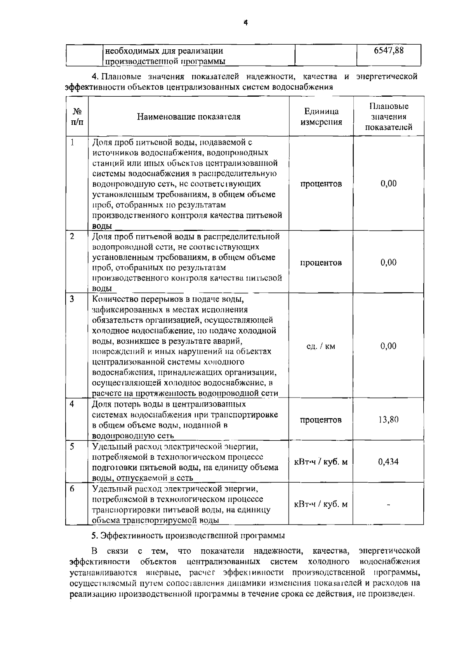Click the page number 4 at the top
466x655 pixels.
pyautogui.click(x=245, y=23)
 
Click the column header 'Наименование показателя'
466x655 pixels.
pyautogui.click(x=189, y=117)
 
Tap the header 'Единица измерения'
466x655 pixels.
pyautogui.click(x=321, y=117)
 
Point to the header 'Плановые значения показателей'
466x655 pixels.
pyautogui.click(x=389, y=116)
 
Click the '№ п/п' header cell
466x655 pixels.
pyautogui.click(x=77, y=116)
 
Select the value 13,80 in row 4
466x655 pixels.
pyautogui.click(x=388, y=420)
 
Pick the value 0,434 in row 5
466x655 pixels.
pyautogui.click(x=388, y=462)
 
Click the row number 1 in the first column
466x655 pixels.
pyautogui.click(x=72, y=142)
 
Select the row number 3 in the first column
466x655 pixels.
pyautogui.click(x=72, y=299)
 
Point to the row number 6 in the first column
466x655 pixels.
pyautogui.click(x=72, y=489)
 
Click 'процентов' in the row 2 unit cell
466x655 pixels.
pyautogui.click(x=321, y=263)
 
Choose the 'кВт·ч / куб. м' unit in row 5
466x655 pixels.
pyautogui.click(x=321, y=462)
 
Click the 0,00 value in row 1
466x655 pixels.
pyautogui.click(x=389, y=184)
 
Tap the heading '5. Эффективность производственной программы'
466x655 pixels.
pyautogui.click(x=188, y=536)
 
